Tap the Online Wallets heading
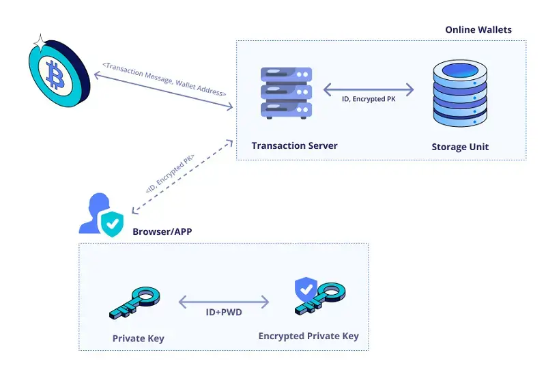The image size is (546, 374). (x=478, y=30)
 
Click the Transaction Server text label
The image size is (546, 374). (x=294, y=146)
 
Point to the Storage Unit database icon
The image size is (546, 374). (x=460, y=93)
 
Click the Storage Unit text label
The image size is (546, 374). (x=460, y=147)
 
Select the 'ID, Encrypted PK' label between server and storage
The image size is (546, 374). (x=369, y=100)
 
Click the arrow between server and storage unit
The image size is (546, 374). (x=369, y=89)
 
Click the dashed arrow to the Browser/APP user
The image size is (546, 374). (x=179, y=177)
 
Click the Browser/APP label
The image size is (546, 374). (x=162, y=231)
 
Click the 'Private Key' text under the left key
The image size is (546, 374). (x=139, y=339)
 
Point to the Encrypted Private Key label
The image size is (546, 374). (x=308, y=336)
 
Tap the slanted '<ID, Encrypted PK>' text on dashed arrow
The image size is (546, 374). (x=170, y=175)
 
